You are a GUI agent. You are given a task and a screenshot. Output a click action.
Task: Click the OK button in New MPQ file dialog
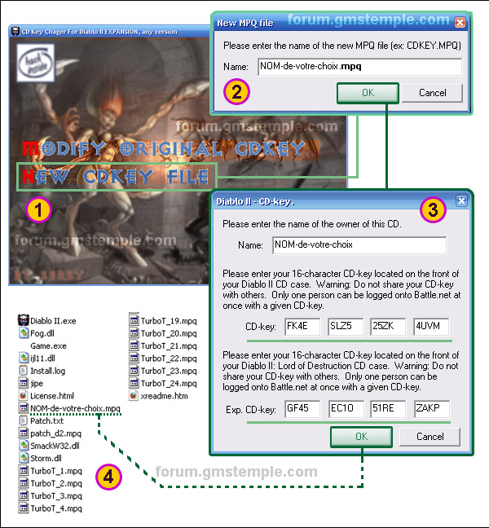368,93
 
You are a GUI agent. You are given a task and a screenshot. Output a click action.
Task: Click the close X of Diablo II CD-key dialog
460,200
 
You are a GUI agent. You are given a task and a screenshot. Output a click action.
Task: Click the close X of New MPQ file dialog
460,23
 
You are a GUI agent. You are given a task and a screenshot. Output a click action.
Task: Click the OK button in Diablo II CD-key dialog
362,437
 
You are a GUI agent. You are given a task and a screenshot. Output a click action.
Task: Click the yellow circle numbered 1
39,210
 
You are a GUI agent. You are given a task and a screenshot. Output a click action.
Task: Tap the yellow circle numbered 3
433,210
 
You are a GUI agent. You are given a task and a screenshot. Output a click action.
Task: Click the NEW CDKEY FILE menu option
116,177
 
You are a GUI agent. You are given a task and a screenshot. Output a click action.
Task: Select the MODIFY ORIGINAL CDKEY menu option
163,149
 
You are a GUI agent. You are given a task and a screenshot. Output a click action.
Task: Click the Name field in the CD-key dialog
359,244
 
